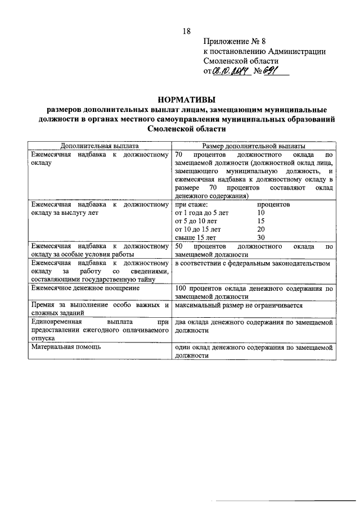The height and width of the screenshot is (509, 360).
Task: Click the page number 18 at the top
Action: [x=187, y=30]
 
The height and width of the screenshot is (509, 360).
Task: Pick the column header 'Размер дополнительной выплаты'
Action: [x=254, y=145]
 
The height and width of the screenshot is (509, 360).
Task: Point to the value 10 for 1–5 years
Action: [x=260, y=213]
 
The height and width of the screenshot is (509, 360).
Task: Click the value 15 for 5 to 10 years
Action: [x=260, y=221]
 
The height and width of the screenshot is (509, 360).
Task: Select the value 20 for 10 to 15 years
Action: [x=260, y=229]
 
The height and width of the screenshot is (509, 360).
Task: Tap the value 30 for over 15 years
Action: [x=260, y=238]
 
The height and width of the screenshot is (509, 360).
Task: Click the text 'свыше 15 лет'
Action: [x=195, y=238]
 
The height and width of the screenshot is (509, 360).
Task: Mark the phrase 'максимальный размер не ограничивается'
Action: [x=239, y=305]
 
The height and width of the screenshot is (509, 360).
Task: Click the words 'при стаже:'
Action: [x=192, y=205]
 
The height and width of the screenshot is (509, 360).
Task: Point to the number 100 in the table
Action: [x=181, y=288]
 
